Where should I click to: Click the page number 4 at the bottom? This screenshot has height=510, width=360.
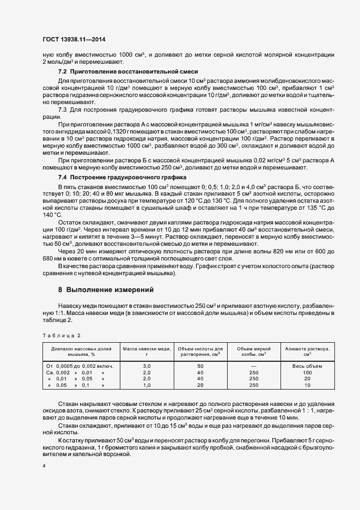pyautogui.click(x=43, y=466)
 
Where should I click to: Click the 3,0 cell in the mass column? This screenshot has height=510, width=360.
pyautogui.click(x=147, y=366)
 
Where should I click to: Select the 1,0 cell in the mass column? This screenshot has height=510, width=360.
pyautogui.click(x=147, y=385)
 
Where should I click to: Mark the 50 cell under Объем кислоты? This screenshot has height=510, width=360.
pyautogui.click(x=200, y=366)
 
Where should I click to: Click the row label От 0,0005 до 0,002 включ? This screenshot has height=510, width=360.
pyautogui.click(x=81, y=366)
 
